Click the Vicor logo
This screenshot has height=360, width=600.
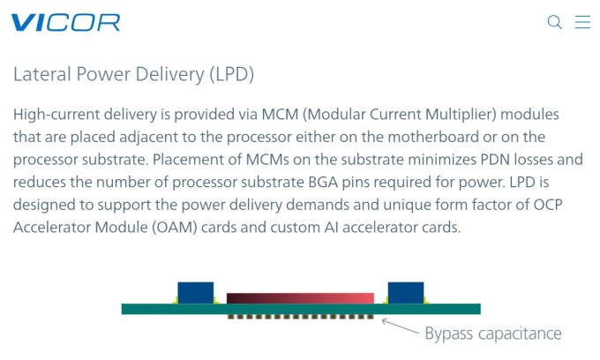pos(65,23)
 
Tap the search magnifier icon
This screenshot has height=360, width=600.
pos(555,22)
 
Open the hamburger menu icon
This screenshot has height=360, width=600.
pos(582,22)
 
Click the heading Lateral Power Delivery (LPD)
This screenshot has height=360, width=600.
pos(133,74)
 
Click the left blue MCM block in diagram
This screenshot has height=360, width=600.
pos(195,292)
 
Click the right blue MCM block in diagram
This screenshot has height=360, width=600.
pos(405,292)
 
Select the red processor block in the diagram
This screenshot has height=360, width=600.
pos(300,298)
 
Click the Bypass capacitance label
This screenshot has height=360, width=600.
pos(492,334)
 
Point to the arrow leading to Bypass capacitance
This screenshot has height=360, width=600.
pos(401,326)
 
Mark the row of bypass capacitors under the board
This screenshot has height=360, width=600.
pos(300,317)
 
